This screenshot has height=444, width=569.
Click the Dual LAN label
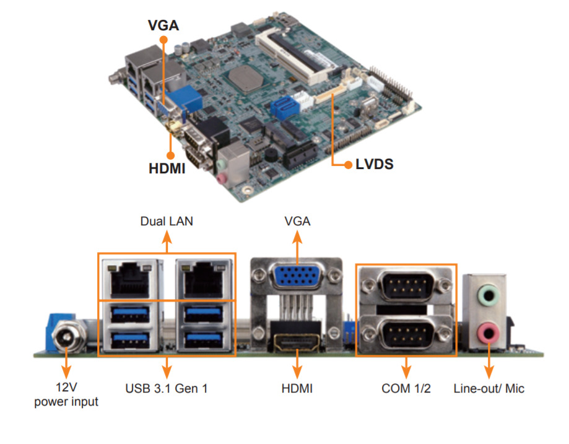coord(166,221)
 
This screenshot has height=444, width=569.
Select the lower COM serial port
coord(406,334)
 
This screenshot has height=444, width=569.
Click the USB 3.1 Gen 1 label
coord(166,389)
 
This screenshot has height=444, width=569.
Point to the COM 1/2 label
coord(406,389)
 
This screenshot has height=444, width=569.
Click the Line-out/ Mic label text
coord(489,389)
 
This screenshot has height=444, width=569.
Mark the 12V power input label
coord(66,395)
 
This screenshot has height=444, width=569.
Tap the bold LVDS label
coord(375,165)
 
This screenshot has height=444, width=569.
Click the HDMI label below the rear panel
coord(297,389)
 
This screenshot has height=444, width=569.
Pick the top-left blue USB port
coord(131,314)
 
